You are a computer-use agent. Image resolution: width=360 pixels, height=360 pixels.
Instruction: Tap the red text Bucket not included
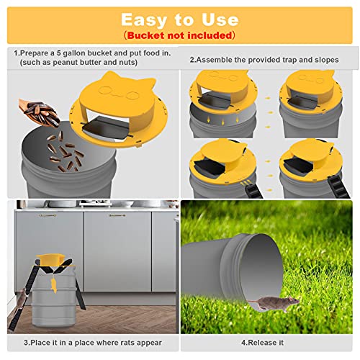coord(179,35)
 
